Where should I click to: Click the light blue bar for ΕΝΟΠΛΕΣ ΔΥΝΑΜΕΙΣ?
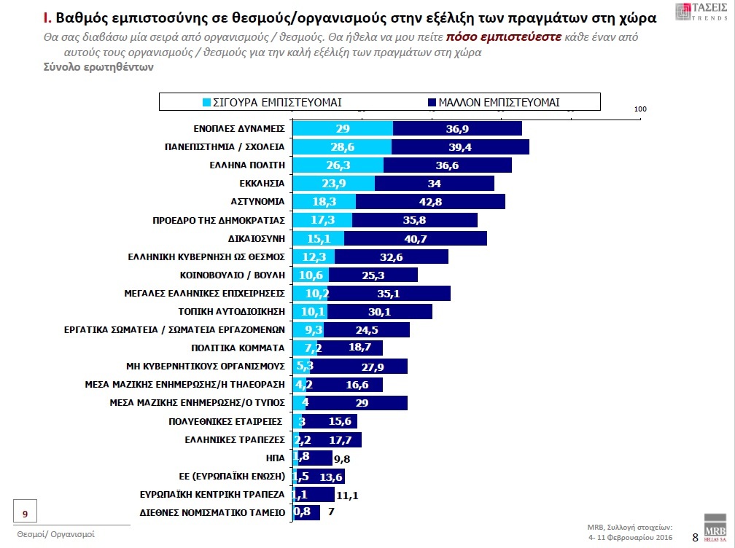(343, 128)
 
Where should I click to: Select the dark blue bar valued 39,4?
(460, 147)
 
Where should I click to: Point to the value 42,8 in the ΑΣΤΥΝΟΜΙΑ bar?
(429, 202)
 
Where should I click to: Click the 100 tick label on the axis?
(640, 109)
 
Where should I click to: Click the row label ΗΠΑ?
(276, 458)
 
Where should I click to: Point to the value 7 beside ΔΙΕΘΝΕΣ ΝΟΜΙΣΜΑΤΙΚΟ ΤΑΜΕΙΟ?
(332, 513)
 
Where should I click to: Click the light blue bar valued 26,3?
(338, 165)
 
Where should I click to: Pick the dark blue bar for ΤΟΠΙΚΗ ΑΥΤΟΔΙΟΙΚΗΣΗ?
(380, 312)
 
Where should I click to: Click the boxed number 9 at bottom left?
(26, 514)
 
